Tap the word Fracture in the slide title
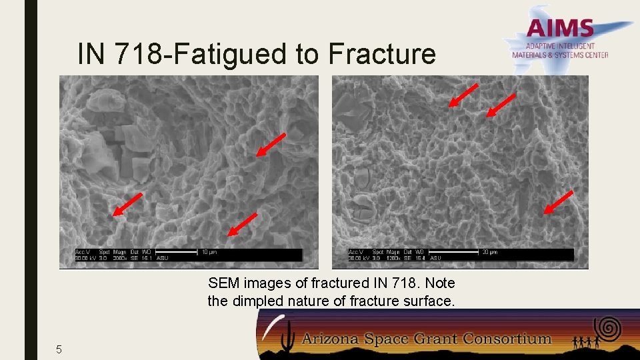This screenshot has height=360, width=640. (x=382, y=54)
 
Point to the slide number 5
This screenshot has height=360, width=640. (x=59, y=349)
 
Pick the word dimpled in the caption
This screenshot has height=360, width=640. (x=256, y=301)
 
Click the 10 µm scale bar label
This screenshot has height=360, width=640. (x=209, y=252)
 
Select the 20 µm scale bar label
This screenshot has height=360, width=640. (x=490, y=252)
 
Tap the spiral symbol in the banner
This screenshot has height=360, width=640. (x=608, y=327)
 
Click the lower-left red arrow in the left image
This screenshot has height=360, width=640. (x=127, y=205)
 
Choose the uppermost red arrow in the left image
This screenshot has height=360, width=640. (x=271, y=145)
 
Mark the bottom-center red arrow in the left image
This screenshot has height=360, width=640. (x=242, y=225)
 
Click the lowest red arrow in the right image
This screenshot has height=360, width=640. (x=558, y=202)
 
